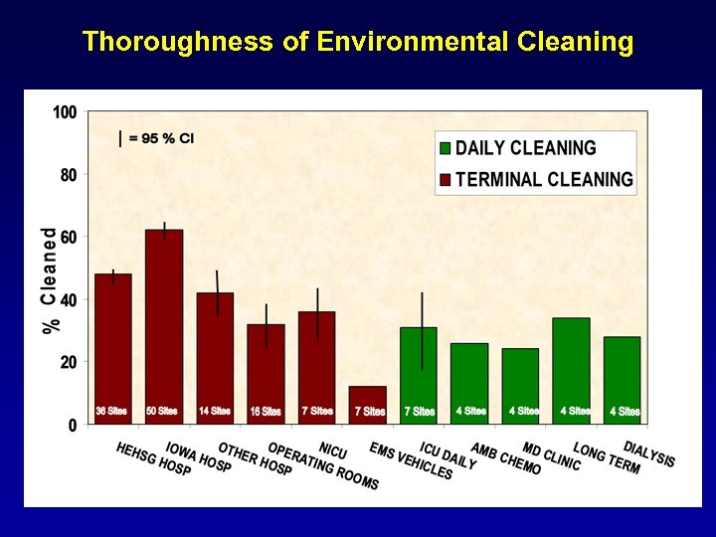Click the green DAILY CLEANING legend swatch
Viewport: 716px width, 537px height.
point(446,148)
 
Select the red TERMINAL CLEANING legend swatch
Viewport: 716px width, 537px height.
point(446,180)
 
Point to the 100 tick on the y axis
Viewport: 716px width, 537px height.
point(65,112)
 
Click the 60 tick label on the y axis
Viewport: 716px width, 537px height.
point(68,237)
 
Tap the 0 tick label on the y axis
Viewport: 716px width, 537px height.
point(72,425)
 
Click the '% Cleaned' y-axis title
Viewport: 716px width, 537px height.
point(50,280)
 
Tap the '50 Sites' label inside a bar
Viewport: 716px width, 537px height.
point(162,411)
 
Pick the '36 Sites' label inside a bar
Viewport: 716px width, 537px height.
point(111,411)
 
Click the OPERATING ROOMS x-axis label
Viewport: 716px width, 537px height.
point(323,465)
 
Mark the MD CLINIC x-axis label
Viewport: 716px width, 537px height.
point(552,456)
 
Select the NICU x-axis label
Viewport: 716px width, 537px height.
point(333,449)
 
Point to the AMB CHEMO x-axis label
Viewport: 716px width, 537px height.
point(506,458)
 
